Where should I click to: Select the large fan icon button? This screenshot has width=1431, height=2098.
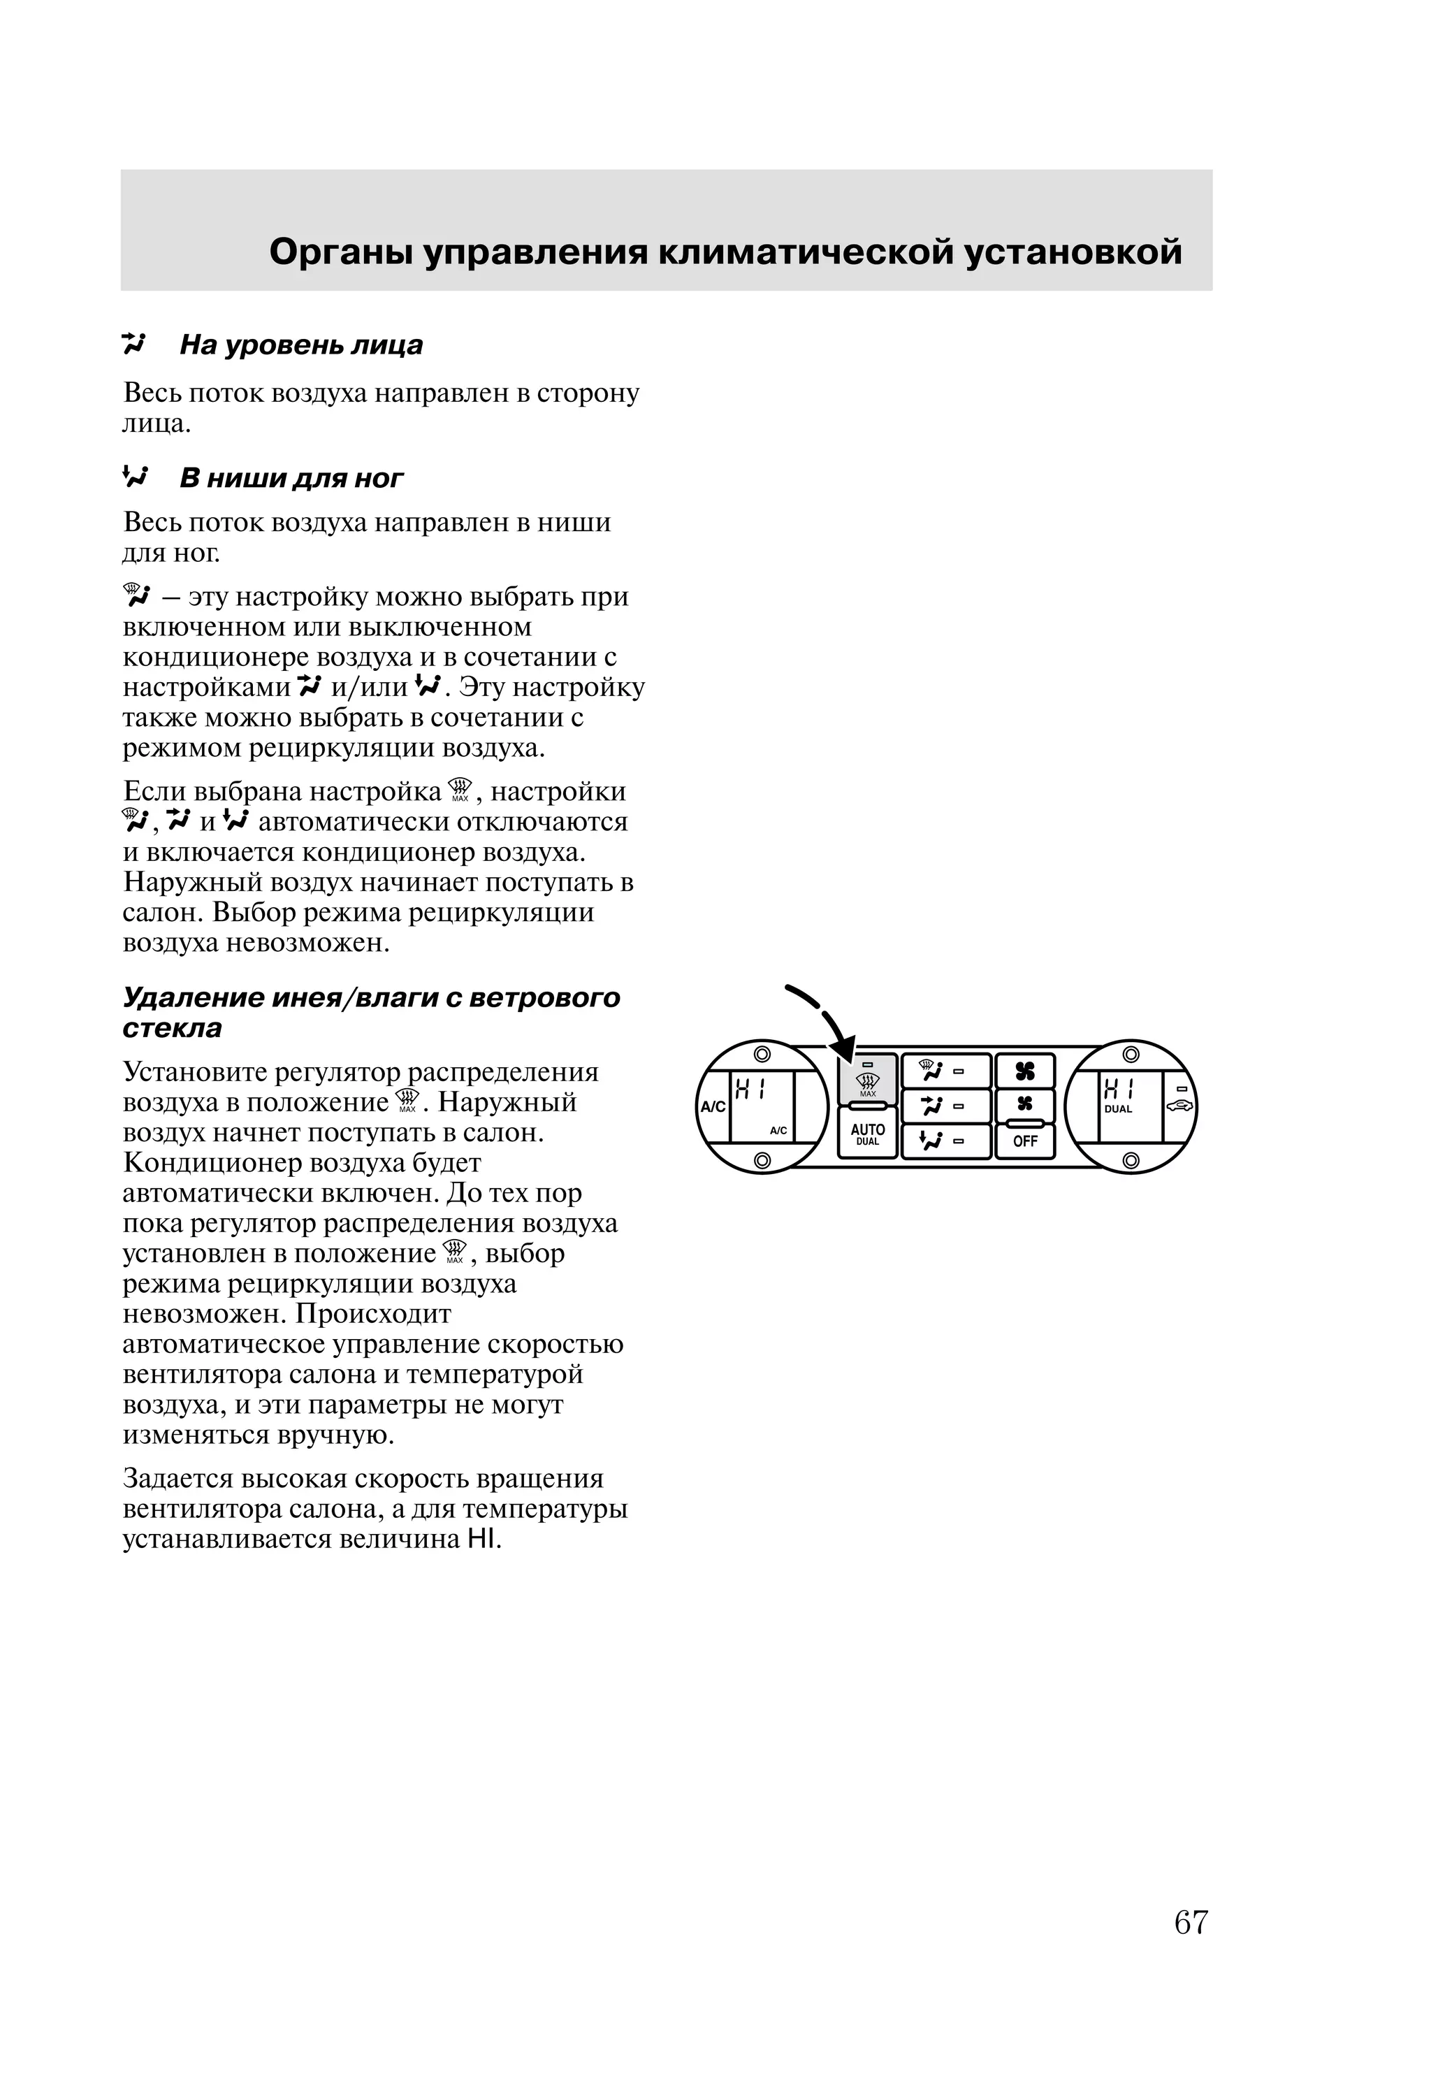coord(1025,1071)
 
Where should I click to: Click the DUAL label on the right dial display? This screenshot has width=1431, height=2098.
coord(1118,1110)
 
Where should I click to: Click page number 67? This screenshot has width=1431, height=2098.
coord(1190,1923)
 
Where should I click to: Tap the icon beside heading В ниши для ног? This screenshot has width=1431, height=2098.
coord(135,477)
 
